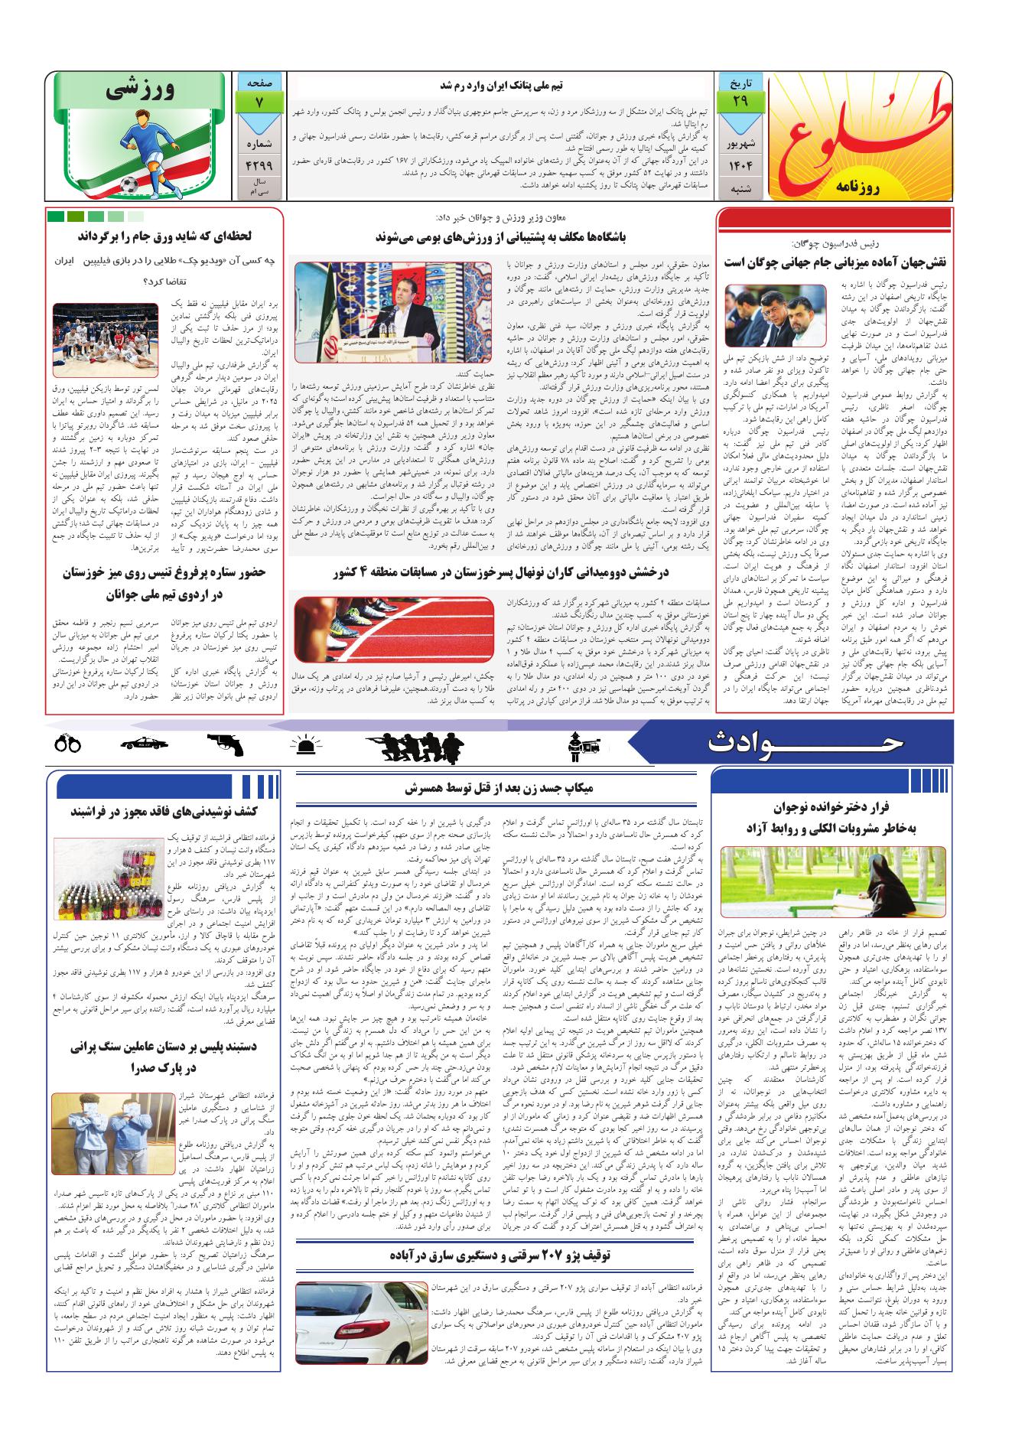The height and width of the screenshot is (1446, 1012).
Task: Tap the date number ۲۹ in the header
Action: [740, 101]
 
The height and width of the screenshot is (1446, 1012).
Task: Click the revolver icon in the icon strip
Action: [225, 742]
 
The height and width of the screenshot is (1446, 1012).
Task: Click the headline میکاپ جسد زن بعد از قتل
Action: [501, 789]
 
